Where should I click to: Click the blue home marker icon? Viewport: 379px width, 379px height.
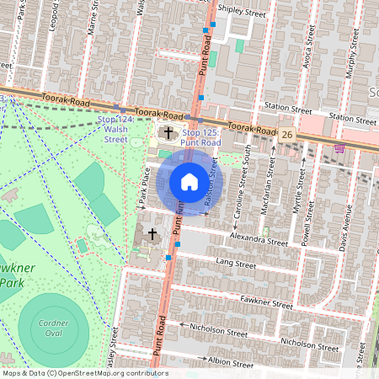point(189,182)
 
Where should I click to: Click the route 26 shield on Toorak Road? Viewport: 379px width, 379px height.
point(287,135)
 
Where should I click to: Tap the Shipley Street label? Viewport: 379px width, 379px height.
point(242,13)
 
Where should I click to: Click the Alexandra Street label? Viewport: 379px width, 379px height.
point(259,240)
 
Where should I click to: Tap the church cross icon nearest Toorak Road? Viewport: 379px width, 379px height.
point(168,132)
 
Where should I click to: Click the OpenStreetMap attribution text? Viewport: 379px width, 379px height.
point(84,373)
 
